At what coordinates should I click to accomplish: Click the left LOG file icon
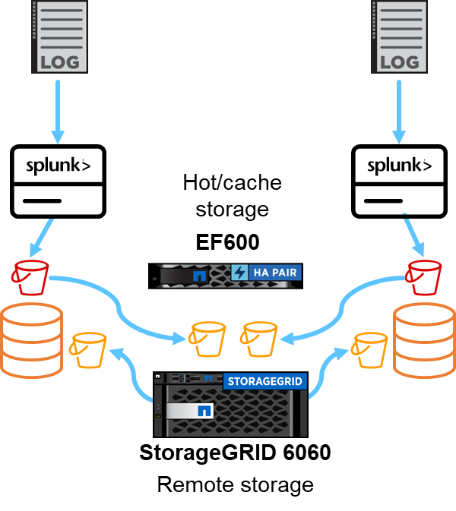pyautogui.click(x=59, y=36)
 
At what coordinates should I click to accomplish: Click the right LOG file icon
pyautogui.click(x=399, y=36)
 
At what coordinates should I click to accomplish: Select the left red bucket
pyautogui.click(x=31, y=276)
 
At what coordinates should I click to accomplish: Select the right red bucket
pyautogui.click(x=424, y=276)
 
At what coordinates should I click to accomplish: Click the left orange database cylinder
pyautogui.click(x=31, y=339)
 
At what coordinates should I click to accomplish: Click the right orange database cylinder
pyautogui.click(x=423, y=339)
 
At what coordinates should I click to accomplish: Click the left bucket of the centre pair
pyautogui.click(x=207, y=339)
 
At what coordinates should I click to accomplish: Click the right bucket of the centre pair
pyautogui.click(x=259, y=339)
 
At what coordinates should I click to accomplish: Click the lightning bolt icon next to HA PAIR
pyautogui.click(x=239, y=273)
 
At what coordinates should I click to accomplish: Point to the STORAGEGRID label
pyautogui.click(x=264, y=380)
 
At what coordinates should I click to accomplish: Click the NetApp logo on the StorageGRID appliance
pyautogui.click(x=204, y=411)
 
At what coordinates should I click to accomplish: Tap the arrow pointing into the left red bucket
pyautogui.click(x=41, y=238)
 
